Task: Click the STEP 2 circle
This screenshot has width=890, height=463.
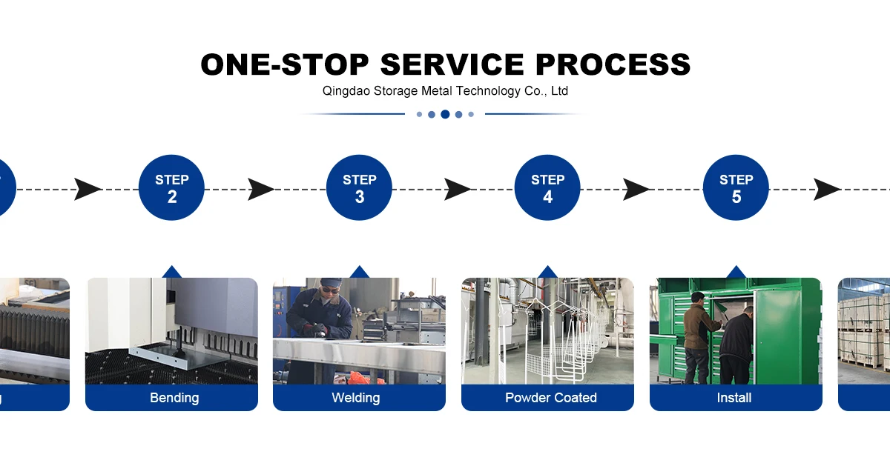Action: (171, 188)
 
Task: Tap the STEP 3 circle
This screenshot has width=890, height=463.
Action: (359, 188)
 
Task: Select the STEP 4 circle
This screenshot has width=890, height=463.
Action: (547, 188)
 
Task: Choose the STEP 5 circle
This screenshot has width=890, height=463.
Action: (736, 188)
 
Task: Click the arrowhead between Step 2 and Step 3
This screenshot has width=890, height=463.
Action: (260, 190)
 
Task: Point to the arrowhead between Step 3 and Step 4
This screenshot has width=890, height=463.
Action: (458, 190)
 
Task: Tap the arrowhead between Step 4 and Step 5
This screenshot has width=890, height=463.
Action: (636, 190)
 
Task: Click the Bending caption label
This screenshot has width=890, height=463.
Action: (174, 398)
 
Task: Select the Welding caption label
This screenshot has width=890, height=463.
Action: (356, 398)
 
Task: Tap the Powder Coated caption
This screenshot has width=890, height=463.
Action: (550, 398)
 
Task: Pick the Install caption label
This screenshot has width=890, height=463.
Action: (734, 398)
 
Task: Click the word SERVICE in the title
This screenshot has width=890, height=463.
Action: (454, 64)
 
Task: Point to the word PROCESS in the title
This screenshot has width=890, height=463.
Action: (613, 64)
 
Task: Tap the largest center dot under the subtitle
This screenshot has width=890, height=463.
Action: (445, 114)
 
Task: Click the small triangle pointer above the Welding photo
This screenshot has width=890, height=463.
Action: (360, 272)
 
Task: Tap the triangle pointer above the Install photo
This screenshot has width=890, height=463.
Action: (736, 272)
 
